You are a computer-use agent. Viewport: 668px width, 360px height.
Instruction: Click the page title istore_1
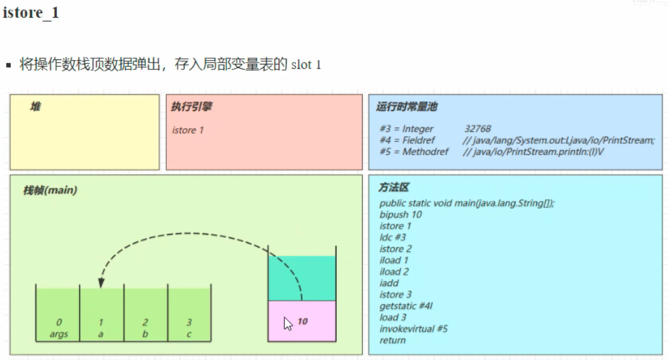click(31, 13)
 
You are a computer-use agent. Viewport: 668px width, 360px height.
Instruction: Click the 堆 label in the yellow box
click(35, 106)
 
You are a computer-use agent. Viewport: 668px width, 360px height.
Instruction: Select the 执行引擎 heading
click(191, 106)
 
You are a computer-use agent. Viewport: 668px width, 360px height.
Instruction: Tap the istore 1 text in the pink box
click(188, 130)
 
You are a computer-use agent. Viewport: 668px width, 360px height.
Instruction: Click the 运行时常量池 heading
click(406, 106)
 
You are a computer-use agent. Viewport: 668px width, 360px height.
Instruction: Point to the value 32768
click(478, 128)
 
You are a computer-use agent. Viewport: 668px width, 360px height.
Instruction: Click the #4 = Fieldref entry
click(407, 140)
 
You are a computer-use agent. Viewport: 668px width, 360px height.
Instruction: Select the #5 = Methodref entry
click(414, 152)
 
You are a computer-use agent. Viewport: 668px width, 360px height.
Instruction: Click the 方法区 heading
click(394, 187)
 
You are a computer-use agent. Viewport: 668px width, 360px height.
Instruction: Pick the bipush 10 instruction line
click(401, 215)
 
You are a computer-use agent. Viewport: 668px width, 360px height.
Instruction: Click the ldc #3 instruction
click(392, 237)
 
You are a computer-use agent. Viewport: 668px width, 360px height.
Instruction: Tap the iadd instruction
click(389, 283)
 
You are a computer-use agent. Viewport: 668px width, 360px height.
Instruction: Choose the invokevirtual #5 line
click(413, 328)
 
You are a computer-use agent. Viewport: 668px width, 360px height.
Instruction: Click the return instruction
click(392, 340)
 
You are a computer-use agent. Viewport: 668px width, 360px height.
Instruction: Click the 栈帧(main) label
click(50, 190)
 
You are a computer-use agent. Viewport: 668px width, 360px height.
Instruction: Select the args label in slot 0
click(58, 334)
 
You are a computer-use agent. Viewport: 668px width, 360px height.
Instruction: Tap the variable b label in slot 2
click(145, 334)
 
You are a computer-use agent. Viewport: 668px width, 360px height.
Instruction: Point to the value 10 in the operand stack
click(303, 321)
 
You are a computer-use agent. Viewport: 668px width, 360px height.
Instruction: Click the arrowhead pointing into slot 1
click(101, 283)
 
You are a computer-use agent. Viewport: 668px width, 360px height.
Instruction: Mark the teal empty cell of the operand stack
click(302, 279)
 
